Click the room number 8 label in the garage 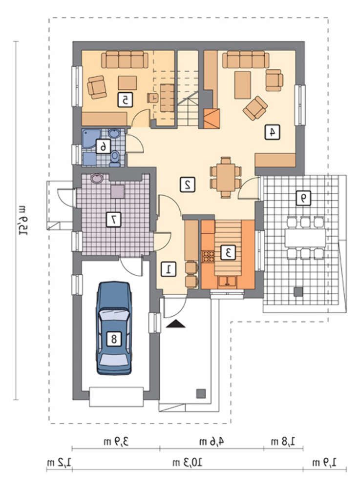(114, 338)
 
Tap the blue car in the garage (114, 328)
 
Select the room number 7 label (113, 220)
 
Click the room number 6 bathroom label (103, 146)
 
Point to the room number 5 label (125, 100)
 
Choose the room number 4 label (272, 132)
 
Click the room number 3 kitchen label (228, 252)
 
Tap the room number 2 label (188, 184)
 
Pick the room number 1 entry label (169, 269)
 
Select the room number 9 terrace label (303, 198)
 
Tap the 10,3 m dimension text (187, 462)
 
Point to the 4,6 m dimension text (212, 441)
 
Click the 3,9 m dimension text (116, 441)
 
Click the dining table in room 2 (226, 178)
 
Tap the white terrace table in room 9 (305, 238)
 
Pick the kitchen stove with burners (209, 257)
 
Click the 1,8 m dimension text (283, 441)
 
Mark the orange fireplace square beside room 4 (212, 119)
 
